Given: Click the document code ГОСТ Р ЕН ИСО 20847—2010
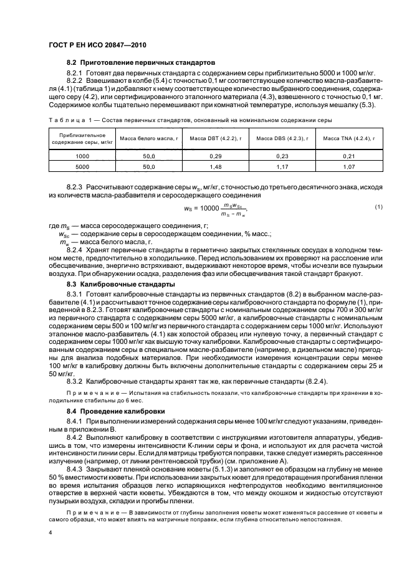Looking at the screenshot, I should [x=95, y=45].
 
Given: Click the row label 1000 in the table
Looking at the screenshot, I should [x=82, y=156].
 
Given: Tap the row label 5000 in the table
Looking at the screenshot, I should [x=82, y=168].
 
